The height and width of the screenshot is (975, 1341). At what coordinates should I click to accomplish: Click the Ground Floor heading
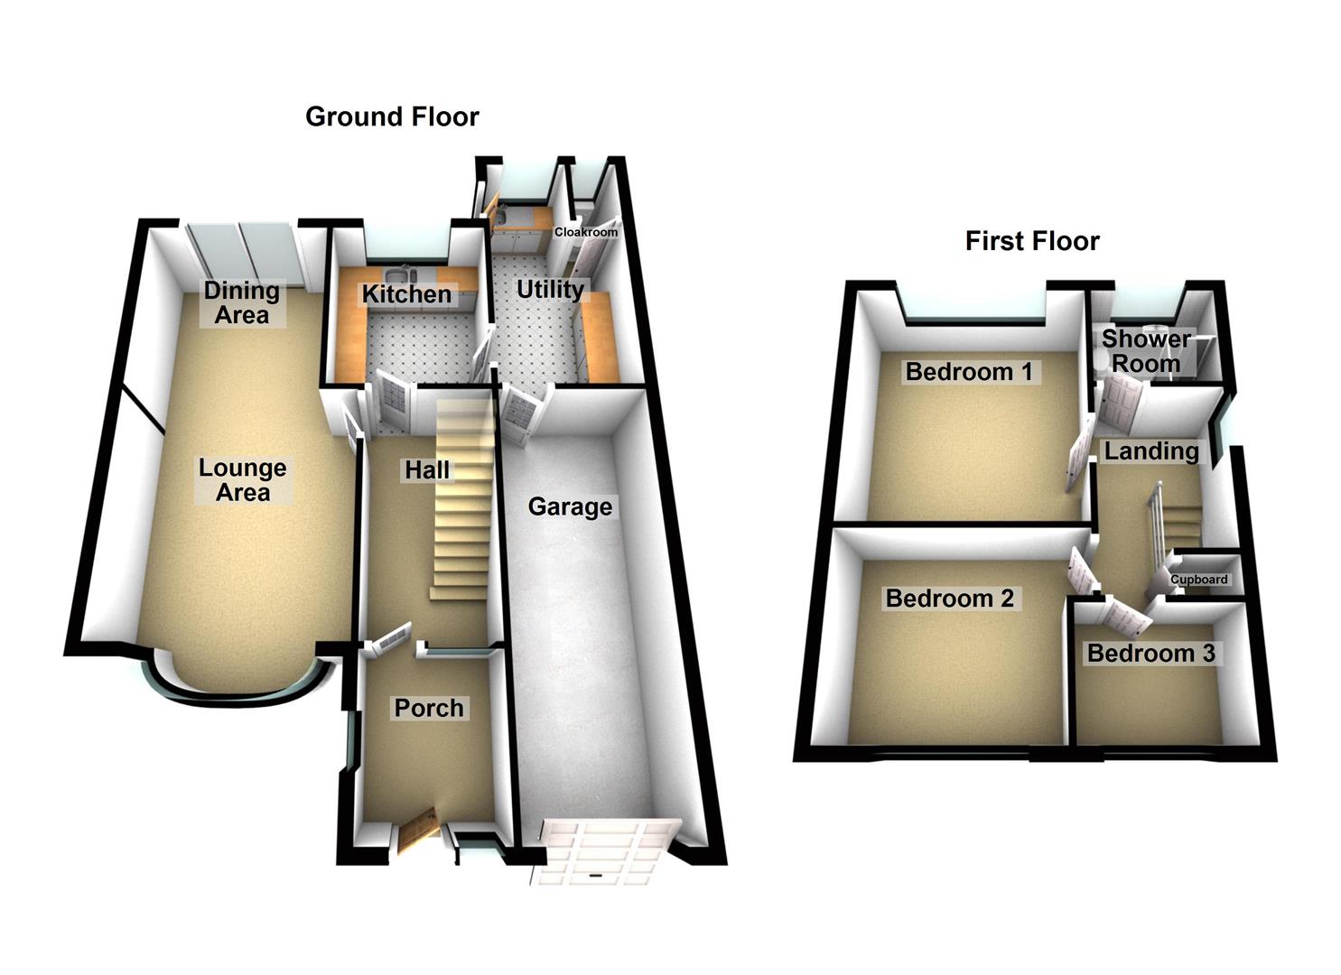[392, 116]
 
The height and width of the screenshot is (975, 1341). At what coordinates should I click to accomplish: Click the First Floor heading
[1032, 241]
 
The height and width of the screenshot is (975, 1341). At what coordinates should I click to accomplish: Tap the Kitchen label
[406, 294]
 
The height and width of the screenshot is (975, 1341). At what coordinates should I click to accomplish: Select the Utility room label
[550, 290]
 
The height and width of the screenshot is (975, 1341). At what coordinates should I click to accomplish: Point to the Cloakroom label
[586, 232]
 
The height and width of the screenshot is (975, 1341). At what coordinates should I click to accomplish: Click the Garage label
[570, 506]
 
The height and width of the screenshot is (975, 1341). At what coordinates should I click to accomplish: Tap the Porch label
[429, 708]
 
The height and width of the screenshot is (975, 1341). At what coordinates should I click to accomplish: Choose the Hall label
[427, 470]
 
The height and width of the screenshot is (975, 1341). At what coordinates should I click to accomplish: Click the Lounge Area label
[243, 480]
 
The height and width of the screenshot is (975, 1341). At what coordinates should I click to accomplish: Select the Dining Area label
[241, 302]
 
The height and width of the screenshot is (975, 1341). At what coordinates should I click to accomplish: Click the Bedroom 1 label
[969, 371]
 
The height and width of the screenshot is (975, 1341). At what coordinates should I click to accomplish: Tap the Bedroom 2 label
[949, 598]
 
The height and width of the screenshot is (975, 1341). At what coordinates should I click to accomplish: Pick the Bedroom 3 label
[1150, 653]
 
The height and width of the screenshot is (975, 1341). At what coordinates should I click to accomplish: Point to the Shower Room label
[1146, 351]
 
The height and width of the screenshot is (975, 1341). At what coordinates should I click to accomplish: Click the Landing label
[1151, 450]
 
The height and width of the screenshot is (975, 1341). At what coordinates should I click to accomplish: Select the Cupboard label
[1199, 580]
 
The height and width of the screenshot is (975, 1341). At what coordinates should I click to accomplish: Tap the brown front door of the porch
[417, 831]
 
